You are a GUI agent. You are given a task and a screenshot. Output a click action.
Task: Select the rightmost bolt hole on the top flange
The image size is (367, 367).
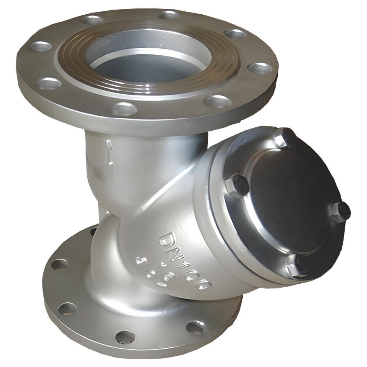[x=260, y=68]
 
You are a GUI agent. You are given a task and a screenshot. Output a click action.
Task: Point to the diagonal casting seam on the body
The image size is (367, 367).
[x=165, y=191]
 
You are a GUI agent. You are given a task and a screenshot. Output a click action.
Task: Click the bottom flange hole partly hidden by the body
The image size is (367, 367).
[x=93, y=232]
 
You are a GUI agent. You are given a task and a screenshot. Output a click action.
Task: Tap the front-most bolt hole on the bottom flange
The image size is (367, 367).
[x=125, y=336]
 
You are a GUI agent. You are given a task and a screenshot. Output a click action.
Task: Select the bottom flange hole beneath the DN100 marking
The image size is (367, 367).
[x=194, y=327]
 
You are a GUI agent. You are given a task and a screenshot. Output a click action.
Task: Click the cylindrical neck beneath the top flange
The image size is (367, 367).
[x=147, y=154]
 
